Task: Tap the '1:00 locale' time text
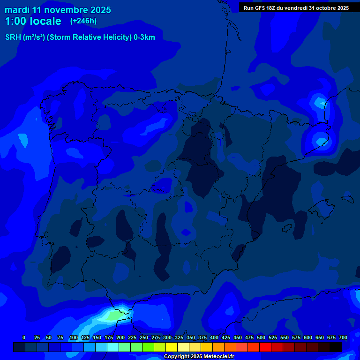coord(33,21)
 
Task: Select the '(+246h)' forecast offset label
coord(83,21)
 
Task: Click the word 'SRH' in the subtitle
coord(13,37)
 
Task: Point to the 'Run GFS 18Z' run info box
coord(296,7)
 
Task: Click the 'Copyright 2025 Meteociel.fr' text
coord(199,356)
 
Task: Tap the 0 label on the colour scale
coord(24,337)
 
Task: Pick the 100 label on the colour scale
coord(74,337)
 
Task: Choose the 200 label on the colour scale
coord(120,337)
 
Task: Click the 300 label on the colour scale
coord(167,337)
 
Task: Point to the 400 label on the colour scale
coord(214,337)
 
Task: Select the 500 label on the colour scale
coord(261,337)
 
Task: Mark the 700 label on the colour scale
coord(343,337)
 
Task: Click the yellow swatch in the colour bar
coord(172,347)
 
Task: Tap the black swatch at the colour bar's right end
coord(336,347)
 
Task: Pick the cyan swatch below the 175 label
coord(113,347)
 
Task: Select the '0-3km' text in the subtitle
coord(144,37)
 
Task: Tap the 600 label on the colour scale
coord(308,337)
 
